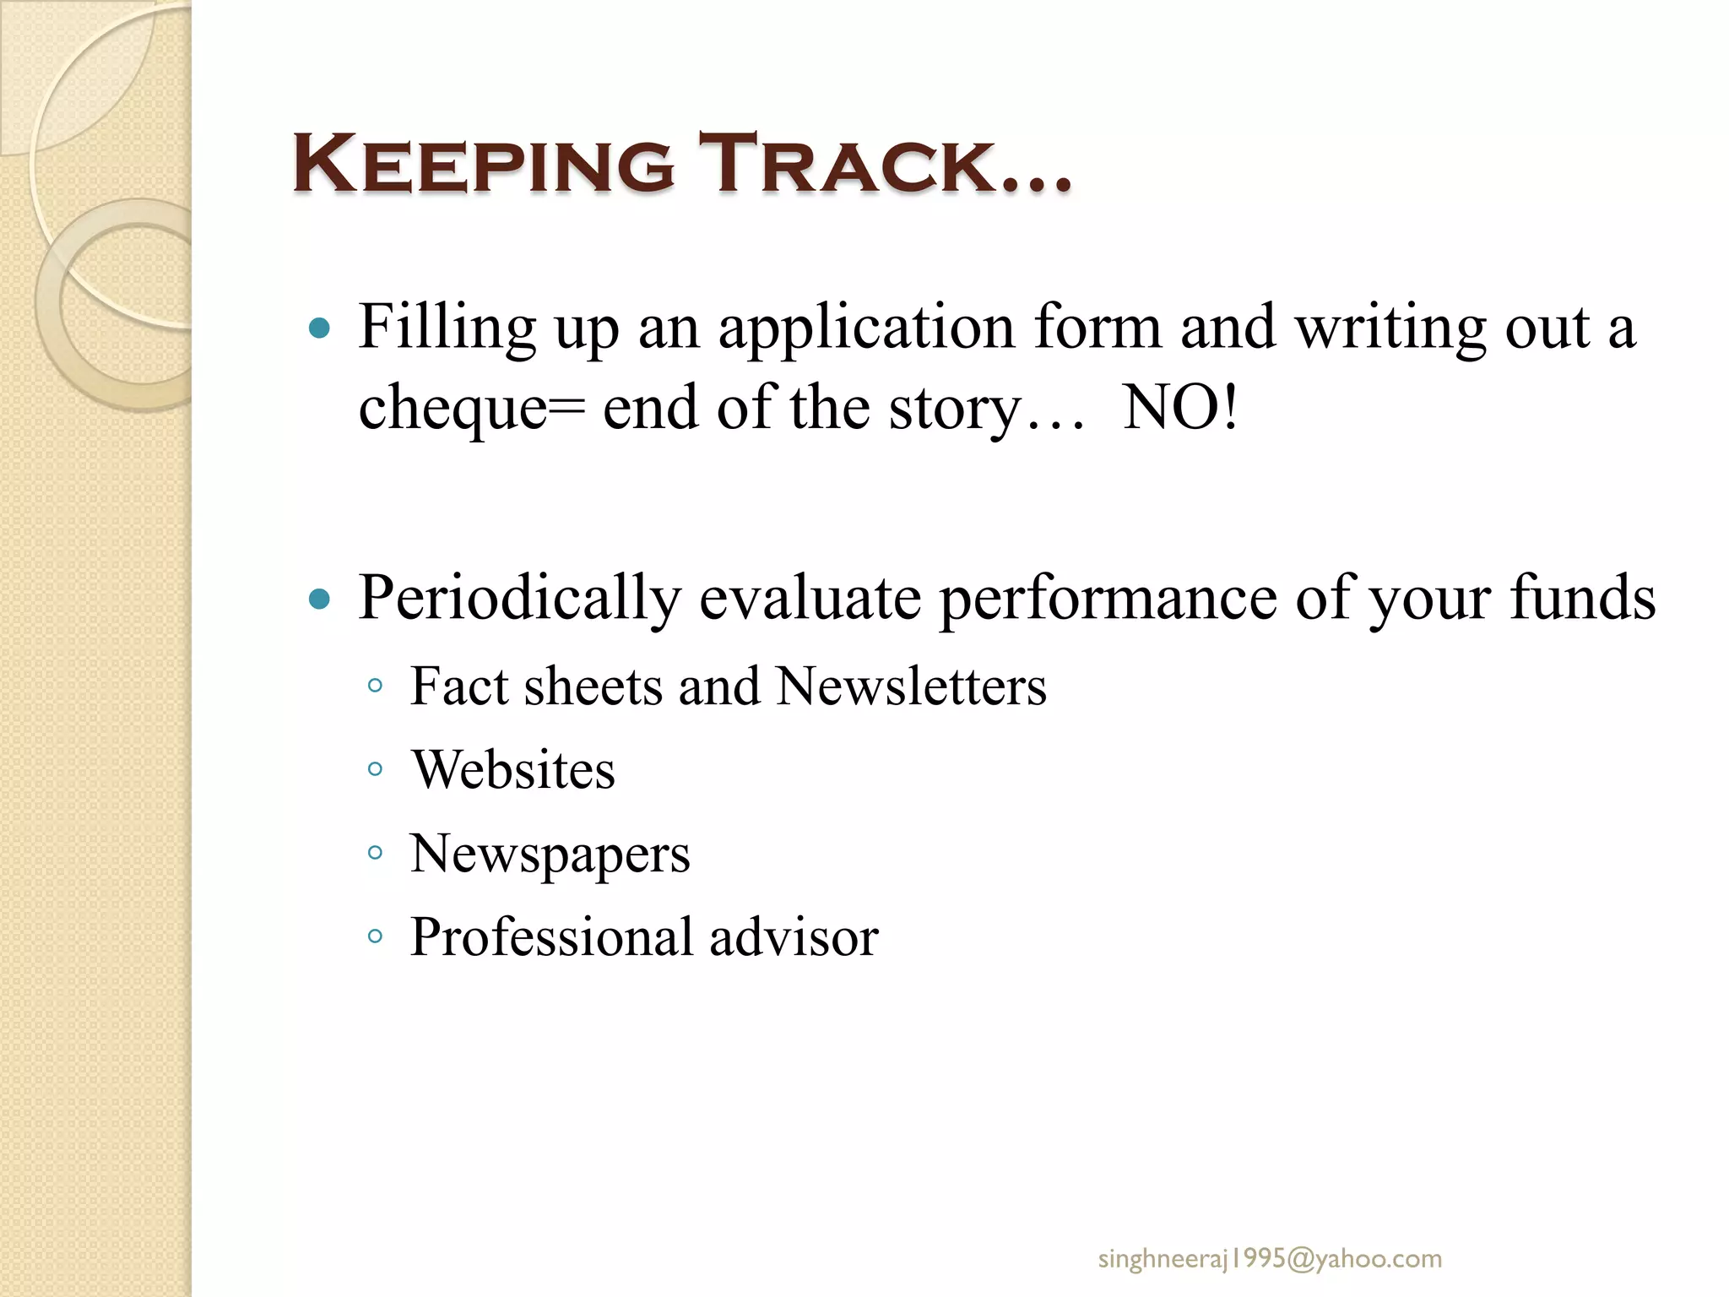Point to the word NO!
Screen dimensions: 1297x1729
click(x=1180, y=408)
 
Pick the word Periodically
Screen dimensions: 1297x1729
click(x=519, y=599)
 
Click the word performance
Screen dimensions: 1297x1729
click(x=1108, y=599)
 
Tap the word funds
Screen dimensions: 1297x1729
click(x=1582, y=597)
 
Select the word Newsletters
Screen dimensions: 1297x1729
click(x=911, y=686)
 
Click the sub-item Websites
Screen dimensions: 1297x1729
click(x=513, y=769)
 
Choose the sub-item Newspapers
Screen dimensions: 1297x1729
click(x=550, y=854)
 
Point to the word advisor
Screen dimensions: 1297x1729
click(x=794, y=937)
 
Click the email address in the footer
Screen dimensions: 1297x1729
click(x=1270, y=1259)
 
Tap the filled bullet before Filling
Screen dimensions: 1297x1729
click(x=319, y=328)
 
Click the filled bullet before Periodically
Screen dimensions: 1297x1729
click(x=319, y=600)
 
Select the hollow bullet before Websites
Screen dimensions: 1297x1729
click(x=376, y=769)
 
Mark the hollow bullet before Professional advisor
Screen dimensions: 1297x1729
click(x=376, y=936)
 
